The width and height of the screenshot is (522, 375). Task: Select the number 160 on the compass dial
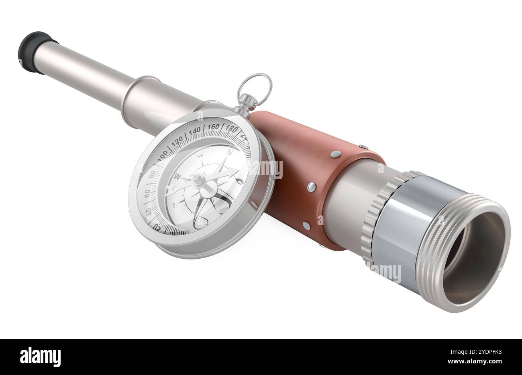pyautogui.click(x=213, y=127)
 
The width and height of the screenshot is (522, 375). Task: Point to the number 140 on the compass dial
pyautogui.click(x=195, y=131)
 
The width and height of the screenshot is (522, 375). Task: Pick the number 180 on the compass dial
pyautogui.click(x=232, y=129)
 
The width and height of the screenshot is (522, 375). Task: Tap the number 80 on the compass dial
pyautogui.click(x=152, y=176)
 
